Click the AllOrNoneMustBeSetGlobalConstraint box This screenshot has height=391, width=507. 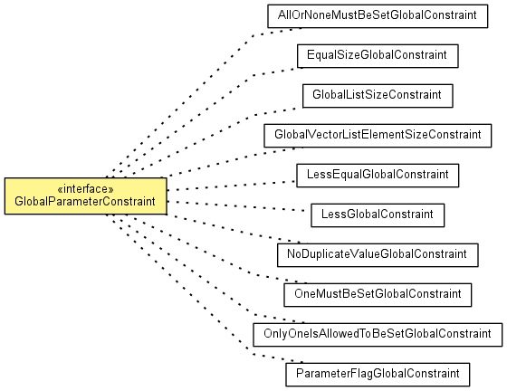[378, 15]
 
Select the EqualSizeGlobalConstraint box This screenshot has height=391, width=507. [378, 56]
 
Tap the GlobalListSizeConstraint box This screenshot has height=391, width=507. [378, 96]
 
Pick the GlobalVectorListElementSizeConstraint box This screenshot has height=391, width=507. [378, 136]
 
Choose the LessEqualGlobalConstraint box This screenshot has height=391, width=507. [378, 176]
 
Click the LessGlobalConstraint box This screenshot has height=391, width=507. [378, 215]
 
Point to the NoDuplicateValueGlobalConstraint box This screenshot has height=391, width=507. [378, 255]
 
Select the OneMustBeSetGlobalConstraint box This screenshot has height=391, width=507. [378, 295]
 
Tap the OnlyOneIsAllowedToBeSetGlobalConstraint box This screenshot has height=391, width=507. [378, 335]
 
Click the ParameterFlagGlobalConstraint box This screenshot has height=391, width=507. [378, 375]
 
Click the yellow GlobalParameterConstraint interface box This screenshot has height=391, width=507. [86, 195]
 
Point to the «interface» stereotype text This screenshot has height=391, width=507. [85, 189]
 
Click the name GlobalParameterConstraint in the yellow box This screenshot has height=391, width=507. [85, 202]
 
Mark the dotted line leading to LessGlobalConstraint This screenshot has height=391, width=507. [236, 206]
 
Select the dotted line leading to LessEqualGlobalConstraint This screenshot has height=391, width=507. [232, 186]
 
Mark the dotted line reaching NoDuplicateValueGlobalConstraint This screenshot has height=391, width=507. [236, 230]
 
